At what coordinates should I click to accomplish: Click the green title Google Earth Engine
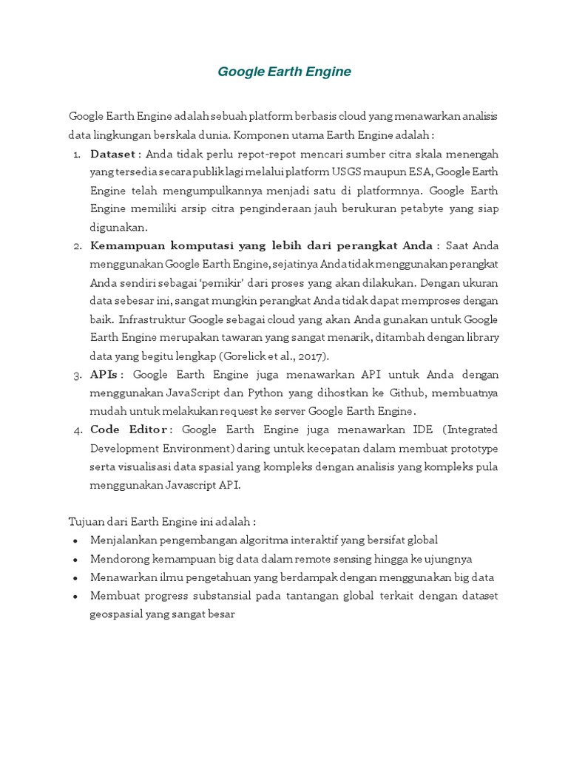tap(284, 72)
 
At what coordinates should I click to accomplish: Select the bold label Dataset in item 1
tap(112, 155)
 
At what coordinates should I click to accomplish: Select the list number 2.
tap(78, 245)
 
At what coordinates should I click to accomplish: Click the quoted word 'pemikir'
tap(219, 282)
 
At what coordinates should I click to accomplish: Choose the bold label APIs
tap(104, 374)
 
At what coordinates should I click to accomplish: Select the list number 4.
tap(78, 430)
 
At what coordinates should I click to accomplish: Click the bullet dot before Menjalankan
tap(77, 540)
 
